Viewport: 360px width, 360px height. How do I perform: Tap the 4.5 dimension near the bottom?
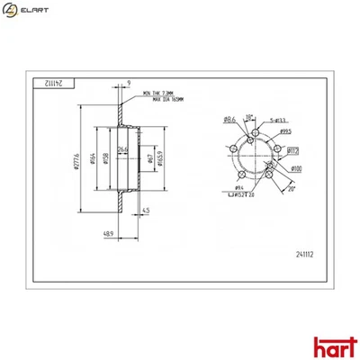pos(147,211)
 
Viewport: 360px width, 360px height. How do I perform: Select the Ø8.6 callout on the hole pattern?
pos(229,119)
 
